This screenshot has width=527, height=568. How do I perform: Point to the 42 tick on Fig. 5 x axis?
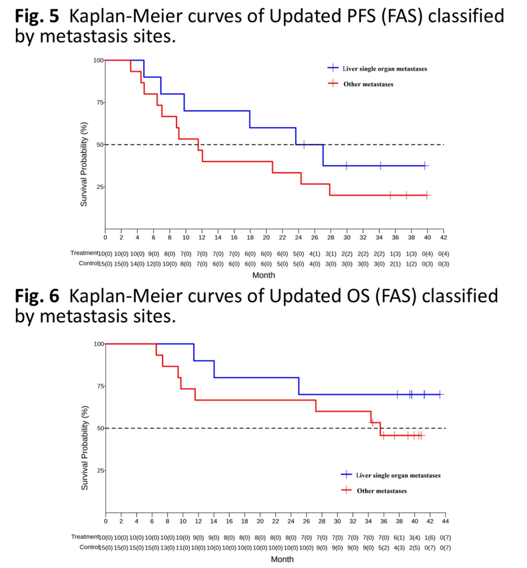point(443,237)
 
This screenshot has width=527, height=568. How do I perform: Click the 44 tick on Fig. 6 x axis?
point(444,521)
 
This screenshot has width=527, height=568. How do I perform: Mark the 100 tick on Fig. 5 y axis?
point(98,61)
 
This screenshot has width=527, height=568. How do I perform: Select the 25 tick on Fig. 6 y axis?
point(100,471)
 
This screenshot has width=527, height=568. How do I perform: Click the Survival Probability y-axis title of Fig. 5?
point(85,164)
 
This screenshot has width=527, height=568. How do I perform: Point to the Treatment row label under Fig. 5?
point(83,254)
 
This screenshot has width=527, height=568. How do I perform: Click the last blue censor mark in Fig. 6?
point(439,394)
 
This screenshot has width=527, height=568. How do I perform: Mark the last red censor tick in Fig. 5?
point(426,195)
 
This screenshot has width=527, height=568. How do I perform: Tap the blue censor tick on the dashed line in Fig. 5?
point(304,144)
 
